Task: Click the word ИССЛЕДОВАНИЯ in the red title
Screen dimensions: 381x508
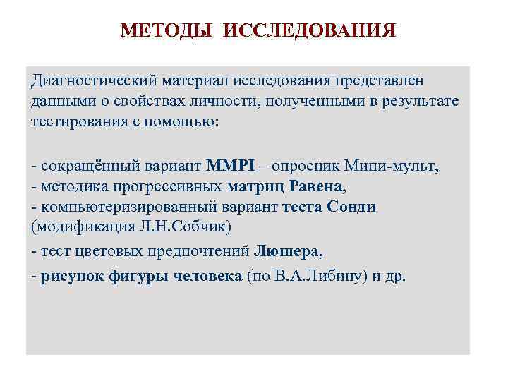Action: [x=311, y=31]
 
